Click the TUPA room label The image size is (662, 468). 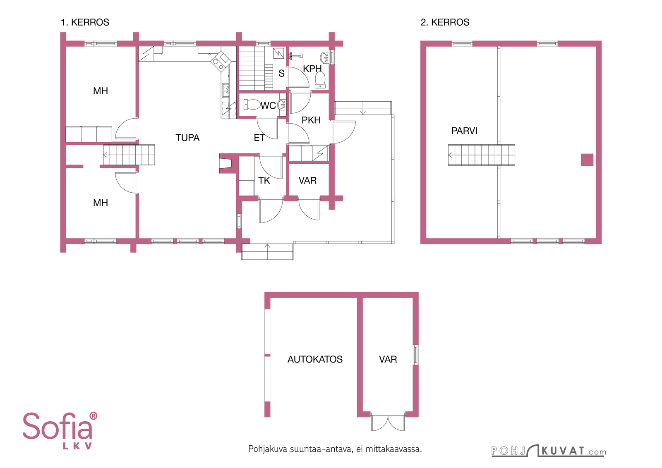click(187, 138)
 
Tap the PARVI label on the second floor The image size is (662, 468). click(464, 131)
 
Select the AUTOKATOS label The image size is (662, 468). click(315, 359)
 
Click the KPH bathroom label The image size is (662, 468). click(312, 69)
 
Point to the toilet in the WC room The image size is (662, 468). click(252, 104)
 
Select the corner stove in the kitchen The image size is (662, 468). click(221, 62)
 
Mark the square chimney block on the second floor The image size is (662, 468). click(587, 160)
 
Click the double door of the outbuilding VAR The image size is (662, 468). click(388, 423)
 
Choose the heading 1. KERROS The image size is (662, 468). click(85, 22)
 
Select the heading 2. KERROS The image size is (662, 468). click(445, 22)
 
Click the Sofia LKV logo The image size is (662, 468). click(60, 430)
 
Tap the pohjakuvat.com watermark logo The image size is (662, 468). click(549, 451)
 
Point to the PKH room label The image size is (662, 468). click(311, 120)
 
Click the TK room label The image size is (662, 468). click(264, 180)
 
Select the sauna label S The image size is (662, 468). click(281, 73)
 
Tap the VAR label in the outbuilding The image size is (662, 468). click(388, 359)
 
